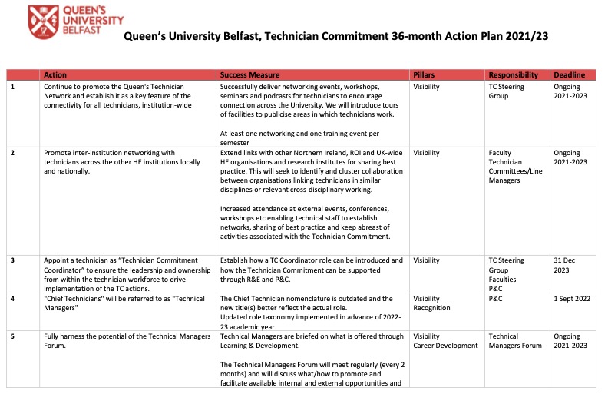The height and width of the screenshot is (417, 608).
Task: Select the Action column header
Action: [55, 75]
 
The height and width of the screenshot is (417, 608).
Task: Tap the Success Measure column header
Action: [249, 75]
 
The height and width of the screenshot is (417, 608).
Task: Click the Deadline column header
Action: [569, 75]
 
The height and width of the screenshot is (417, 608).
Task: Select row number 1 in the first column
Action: [12, 88]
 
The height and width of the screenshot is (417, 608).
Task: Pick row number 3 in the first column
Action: [12, 260]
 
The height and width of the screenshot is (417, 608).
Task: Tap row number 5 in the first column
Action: [12, 336]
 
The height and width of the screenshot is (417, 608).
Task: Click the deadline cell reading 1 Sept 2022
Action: [572, 298]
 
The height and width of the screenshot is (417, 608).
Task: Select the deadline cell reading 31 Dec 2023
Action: [565, 265]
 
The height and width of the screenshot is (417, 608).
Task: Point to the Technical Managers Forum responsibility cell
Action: [514, 341]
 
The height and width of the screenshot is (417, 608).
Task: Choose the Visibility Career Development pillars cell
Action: [444, 341]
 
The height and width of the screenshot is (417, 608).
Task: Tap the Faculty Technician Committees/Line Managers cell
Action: [515, 167]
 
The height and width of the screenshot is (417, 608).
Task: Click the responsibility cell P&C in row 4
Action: [495, 298]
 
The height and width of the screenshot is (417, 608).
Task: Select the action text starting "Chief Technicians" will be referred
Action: [118, 298]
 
